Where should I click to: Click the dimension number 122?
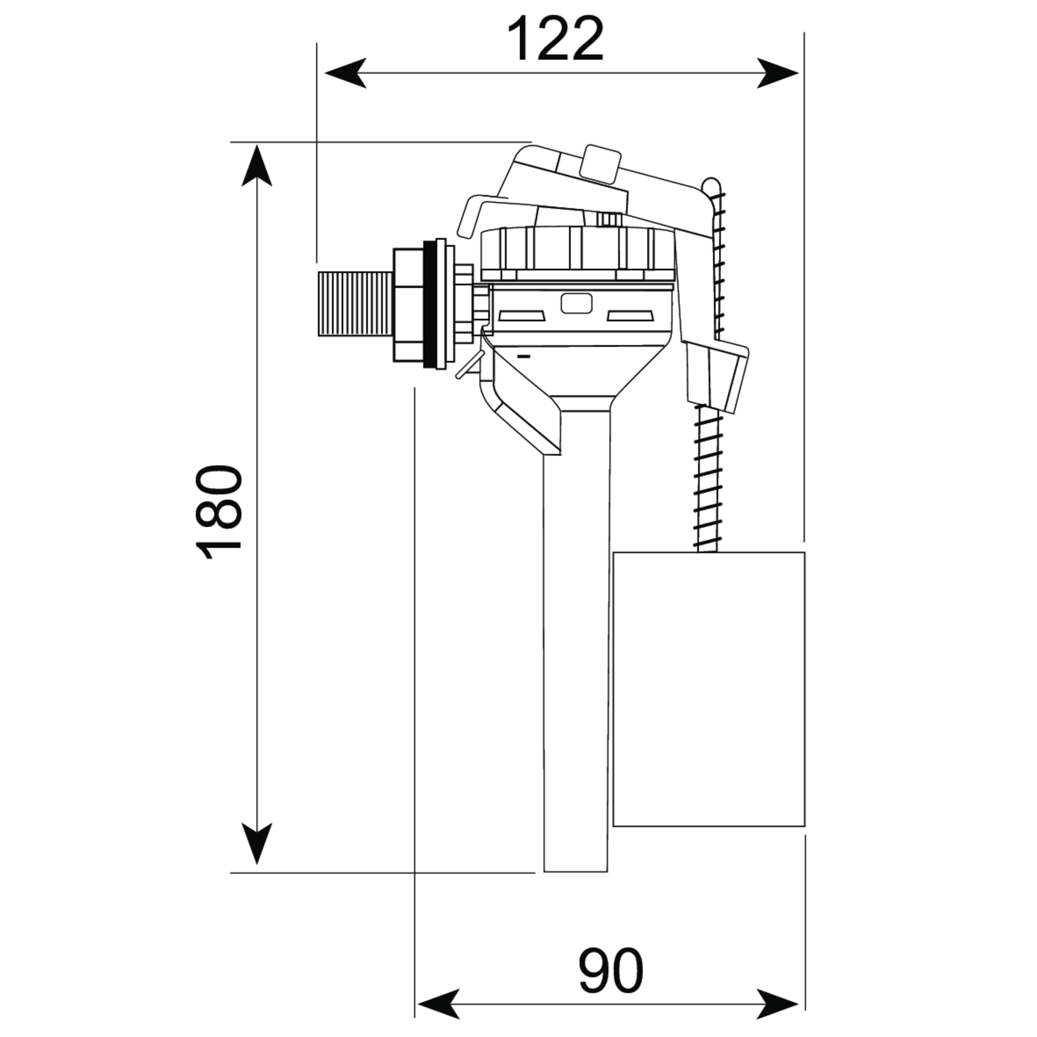[556, 40]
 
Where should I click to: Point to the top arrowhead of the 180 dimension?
[256, 165]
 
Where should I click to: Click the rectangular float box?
[709, 690]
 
